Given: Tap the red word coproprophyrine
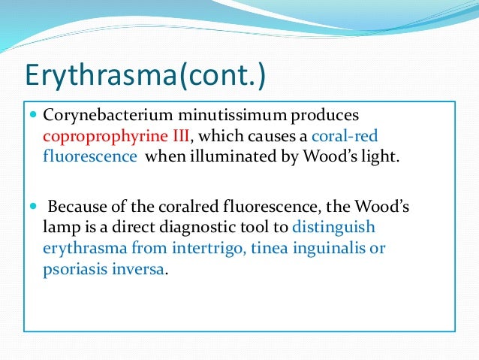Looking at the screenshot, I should pos(95,138).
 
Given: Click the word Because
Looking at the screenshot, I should pos(77,206).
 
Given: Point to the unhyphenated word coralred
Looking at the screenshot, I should pos(168,206).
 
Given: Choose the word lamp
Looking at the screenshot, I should pos(59,225).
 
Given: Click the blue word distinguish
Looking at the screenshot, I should pos(334,225).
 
